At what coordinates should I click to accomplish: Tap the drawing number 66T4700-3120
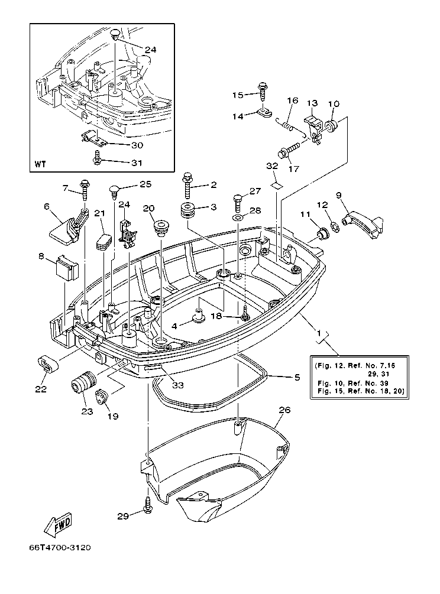point(63,548)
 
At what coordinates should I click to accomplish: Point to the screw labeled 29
point(147,503)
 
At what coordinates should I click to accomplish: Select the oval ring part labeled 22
point(47,364)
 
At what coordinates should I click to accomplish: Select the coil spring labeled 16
point(289,125)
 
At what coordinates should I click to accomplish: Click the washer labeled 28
point(237,219)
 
